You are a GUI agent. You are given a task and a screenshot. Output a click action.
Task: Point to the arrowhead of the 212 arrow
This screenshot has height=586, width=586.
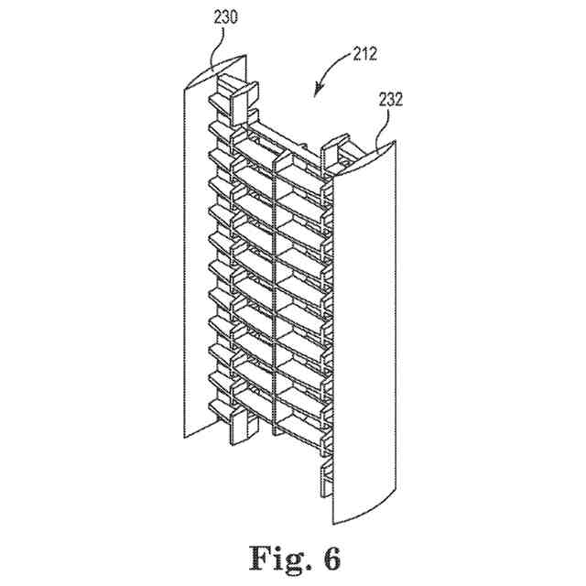[317, 92]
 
